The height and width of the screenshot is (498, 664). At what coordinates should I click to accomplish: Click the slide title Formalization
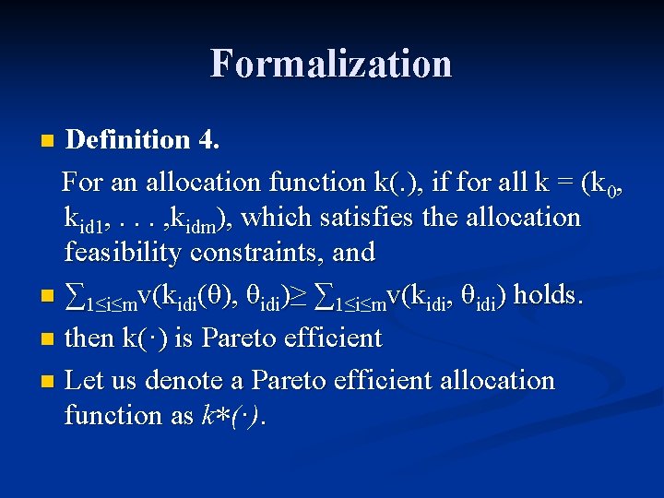331,64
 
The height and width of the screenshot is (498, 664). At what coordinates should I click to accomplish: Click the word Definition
127,139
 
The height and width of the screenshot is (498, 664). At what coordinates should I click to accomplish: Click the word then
89,338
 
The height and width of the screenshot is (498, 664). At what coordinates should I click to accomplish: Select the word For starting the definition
82,183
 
